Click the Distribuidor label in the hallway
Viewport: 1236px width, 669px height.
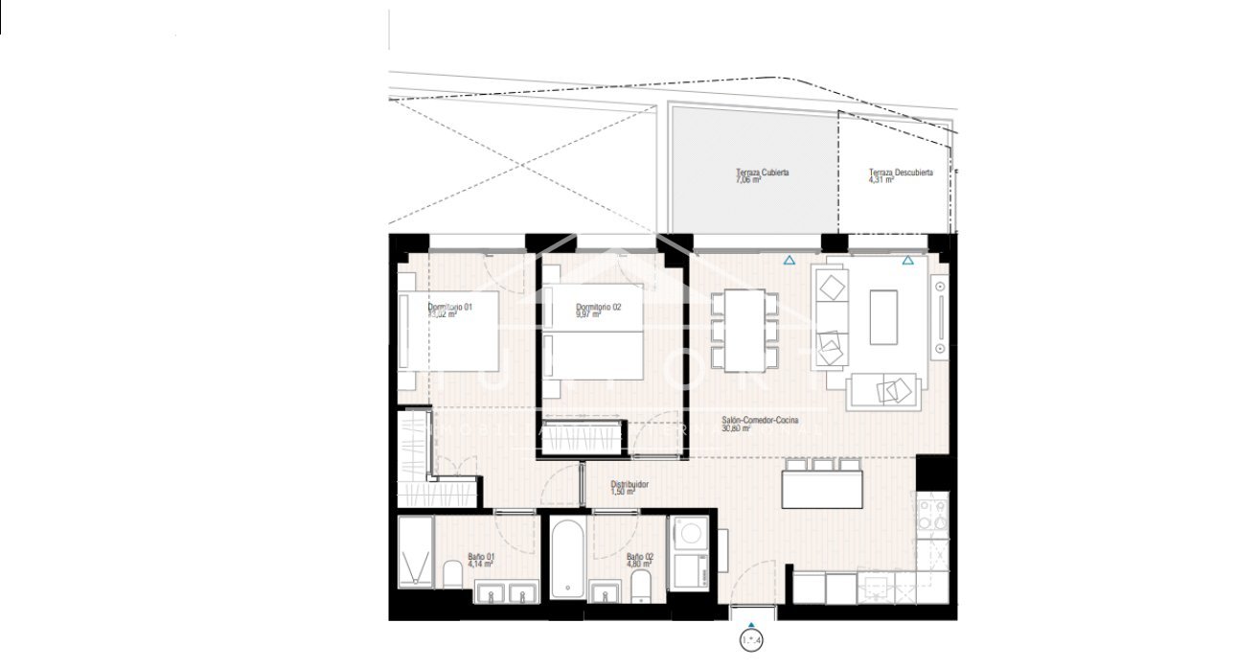click(629, 485)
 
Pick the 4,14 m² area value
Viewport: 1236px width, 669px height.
click(479, 565)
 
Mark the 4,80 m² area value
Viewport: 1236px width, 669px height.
click(639, 565)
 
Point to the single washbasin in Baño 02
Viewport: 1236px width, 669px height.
click(604, 594)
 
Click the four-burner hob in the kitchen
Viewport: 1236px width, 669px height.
click(931, 516)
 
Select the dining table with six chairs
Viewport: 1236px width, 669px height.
click(744, 330)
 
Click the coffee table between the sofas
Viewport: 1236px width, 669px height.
click(883, 317)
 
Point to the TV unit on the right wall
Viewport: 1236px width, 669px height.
click(940, 316)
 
